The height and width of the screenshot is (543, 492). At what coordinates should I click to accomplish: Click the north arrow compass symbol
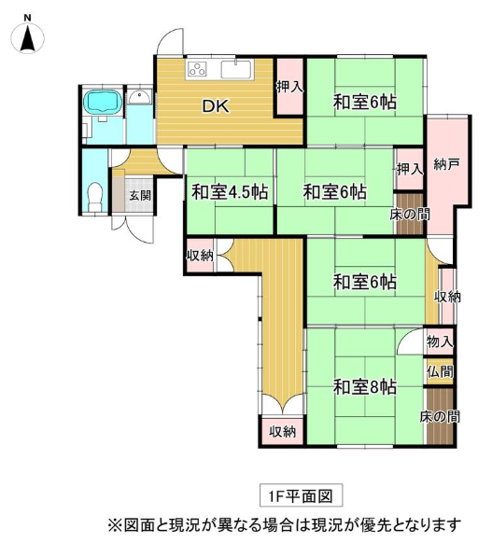pyautogui.click(x=27, y=36)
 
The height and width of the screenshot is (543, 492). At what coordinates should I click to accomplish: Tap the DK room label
pyautogui.click(x=216, y=106)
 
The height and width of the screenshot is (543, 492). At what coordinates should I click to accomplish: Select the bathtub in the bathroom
pyautogui.click(x=104, y=101)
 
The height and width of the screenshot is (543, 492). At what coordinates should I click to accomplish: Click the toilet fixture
pyautogui.click(x=94, y=196)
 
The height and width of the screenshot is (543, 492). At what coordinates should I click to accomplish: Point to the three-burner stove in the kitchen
pyautogui.click(x=197, y=69)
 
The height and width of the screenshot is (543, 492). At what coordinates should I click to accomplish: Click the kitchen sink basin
pyautogui.click(x=235, y=69)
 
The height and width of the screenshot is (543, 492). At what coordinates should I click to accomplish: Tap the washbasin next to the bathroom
pyautogui.click(x=140, y=96)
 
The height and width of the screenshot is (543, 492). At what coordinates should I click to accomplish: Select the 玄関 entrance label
pyautogui.click(x=140, y=196)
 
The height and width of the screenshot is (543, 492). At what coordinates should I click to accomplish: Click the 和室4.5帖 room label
pyautogui.click(x=230, y=192)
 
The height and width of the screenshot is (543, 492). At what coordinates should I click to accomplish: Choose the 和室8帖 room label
pyautogui.click(x=365, y=387)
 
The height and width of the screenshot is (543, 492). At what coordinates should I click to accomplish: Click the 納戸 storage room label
pyautogui.click(x=447, y=164)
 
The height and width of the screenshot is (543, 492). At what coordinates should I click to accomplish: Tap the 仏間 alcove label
pyautogui.click(x=440, y=372)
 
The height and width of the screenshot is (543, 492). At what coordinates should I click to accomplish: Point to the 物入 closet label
pyautogui.click(x=440, y=341)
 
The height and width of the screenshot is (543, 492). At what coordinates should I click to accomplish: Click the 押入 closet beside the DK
pyautogui.click(x=289, y=87)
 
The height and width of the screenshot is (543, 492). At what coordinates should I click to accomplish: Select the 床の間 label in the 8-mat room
pyautogui.click(x=440, y=417)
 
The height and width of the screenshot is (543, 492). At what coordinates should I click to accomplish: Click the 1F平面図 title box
pyautogui.click(x=302, y=496)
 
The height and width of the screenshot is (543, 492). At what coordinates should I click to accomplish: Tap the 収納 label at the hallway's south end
pyautogui.click(x=283, y=432)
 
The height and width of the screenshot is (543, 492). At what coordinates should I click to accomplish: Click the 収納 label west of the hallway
pyautogui.click(x=200, y=256)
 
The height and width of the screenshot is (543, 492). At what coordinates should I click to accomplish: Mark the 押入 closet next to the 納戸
pyautogui.click(x=410, y=170)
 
